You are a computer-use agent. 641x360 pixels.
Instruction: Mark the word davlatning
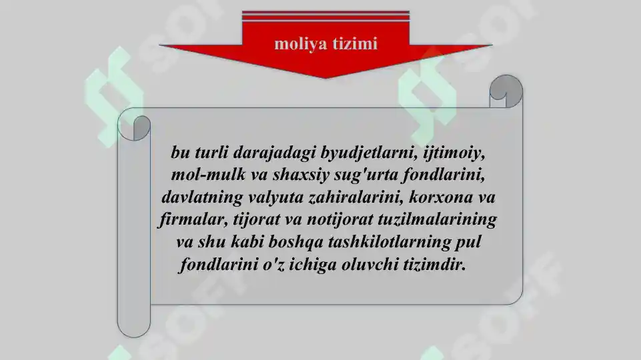[x=201, y=197]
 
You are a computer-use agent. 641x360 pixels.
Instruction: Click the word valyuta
[x=273, y=197]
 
